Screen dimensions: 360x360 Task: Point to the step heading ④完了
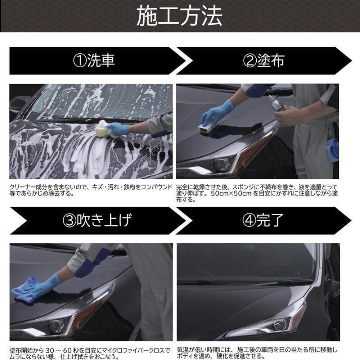(265, 220)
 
